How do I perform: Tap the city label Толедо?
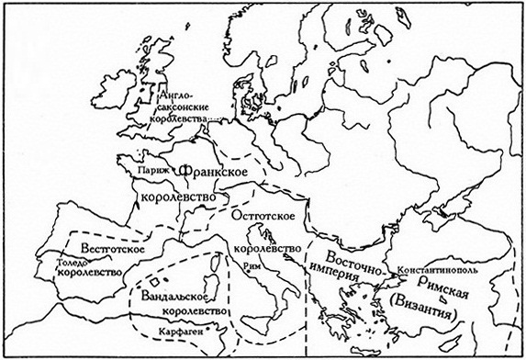pyautogui.click(x=73, y=260)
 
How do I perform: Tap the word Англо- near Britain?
pyautogui.click(x=173, y=94)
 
